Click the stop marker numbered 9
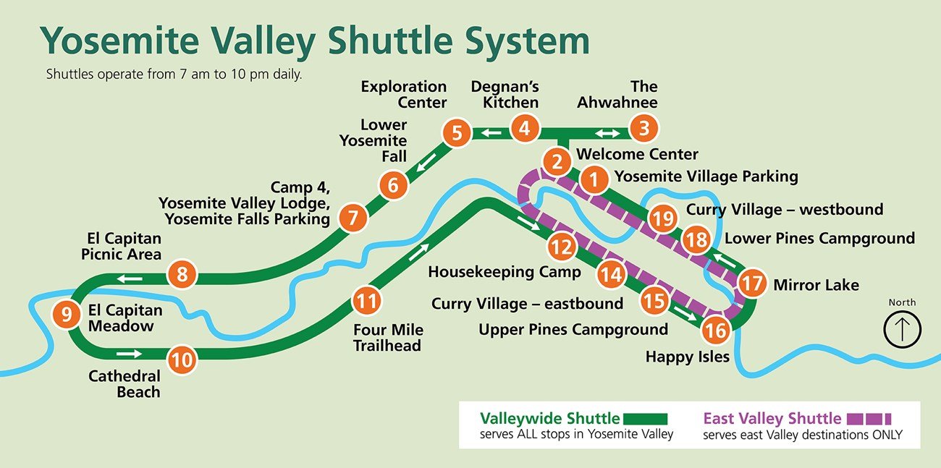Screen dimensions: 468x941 coord(67,314)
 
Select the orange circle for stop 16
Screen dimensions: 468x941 coord(717,330)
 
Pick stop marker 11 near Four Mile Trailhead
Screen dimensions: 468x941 coord(368,299)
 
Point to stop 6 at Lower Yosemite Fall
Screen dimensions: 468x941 coord(393,185)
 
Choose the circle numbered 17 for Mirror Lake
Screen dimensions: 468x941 coord(752,283)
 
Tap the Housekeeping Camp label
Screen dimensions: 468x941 coord(505,272)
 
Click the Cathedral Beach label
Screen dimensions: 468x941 coord(124,384)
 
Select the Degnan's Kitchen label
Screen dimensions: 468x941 coord(505,94)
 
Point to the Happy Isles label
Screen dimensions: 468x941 coord(687,357)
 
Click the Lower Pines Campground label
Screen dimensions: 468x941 coord(819,238)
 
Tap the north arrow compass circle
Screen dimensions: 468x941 coord(902,329)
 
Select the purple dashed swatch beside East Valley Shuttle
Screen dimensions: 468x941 coord(869,418)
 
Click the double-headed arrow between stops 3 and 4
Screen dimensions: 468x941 coord(607,133)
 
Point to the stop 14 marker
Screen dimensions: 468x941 coord(611,274)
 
